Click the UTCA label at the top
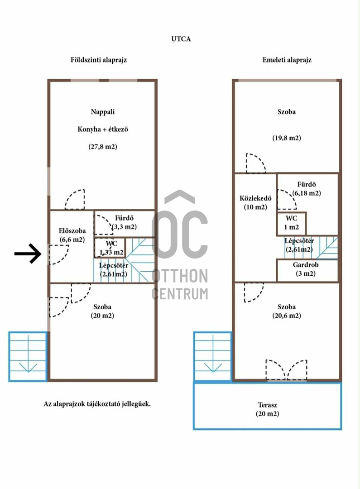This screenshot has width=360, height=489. tap(181, 39)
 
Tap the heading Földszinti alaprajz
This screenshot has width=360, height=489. tap(99, 60)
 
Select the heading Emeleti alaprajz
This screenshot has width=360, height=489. tap(287, 60)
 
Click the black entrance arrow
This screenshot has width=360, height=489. tap(28, 254)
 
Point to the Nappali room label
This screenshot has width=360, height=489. tap(103, 112)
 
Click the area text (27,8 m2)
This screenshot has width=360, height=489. tap(103, 147)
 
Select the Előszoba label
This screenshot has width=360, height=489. tap(72, 231)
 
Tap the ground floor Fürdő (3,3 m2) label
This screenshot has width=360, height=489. tap(124, 222)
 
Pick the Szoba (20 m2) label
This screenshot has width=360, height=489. tap(102, 311)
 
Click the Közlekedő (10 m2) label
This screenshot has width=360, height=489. tap(255, 202)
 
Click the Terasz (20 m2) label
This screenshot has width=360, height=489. tap(267, 409)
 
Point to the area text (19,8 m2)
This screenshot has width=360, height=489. tap(287, 138)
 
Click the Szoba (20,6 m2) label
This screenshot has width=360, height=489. tap(287, 311)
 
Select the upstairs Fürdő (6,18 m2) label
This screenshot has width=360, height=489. tap(307, 189)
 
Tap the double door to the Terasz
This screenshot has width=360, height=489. tap(286, 370)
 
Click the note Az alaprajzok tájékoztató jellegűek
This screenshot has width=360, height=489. tap(97, 404)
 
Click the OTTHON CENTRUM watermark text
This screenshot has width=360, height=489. tap(180, 284)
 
